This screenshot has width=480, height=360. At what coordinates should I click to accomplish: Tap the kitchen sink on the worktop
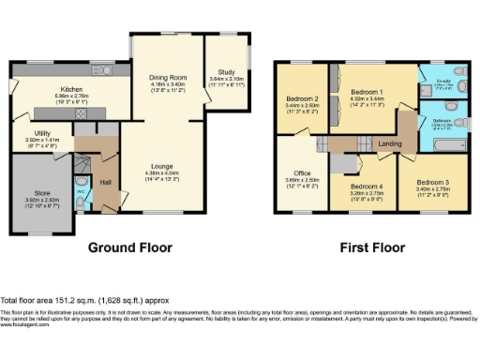pos(100,70)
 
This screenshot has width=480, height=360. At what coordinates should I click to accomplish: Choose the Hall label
pos(106,182)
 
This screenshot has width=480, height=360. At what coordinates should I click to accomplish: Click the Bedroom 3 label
pos(433,182)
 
